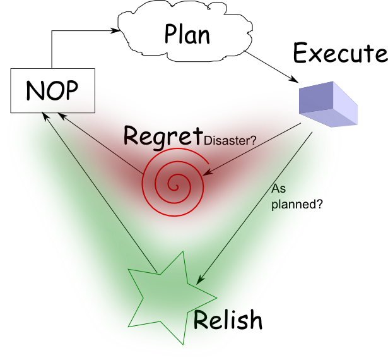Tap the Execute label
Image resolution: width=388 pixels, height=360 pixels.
[339, 54]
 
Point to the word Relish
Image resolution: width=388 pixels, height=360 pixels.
[227, 320]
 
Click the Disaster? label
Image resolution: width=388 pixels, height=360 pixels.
[230, 141]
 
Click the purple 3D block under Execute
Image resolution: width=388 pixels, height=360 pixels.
[328, 105]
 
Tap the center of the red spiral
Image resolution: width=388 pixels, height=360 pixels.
[172, 183]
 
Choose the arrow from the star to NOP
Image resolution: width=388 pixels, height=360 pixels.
[98, 189]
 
